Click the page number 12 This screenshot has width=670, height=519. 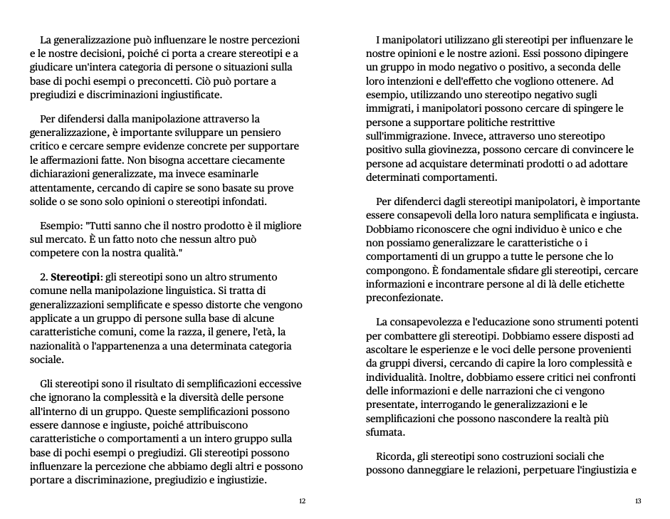(x=302, y=501)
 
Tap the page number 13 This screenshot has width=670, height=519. (x=638, y=501)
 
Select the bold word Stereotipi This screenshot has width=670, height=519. (x=75, y=277)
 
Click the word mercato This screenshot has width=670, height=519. (x=63, y=238)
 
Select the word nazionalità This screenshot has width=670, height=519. (x=63, y=346)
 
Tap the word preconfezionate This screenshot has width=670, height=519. (x=404, y=298)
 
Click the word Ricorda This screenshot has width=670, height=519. (x=394, y=456)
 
